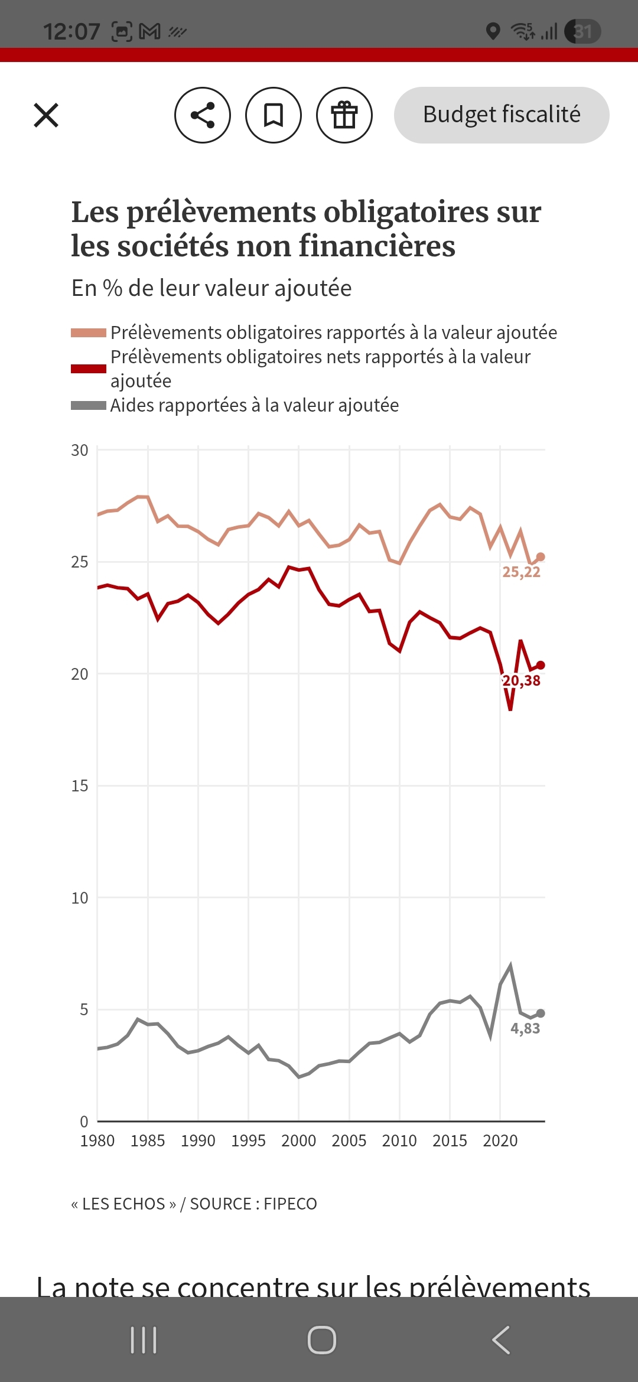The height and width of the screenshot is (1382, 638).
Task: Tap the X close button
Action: coord(46,115)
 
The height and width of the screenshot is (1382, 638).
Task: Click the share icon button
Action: coord(203,115)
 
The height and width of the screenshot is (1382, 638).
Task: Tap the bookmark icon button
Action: coord(274,115)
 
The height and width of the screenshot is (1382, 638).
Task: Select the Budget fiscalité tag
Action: coord(502,115)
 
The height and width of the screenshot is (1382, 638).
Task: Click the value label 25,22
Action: coord(521,572)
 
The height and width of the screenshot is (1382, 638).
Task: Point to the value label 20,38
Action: coord(521,680)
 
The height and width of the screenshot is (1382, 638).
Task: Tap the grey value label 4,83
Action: coord(525,1028)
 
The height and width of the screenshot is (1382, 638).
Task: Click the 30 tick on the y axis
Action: coord(80,451)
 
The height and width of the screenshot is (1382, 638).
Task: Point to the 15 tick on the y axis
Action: coord(80,786)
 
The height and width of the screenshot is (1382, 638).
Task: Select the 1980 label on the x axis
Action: coord(97,1140)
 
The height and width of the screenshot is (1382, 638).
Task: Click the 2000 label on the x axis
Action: coord(299,1140)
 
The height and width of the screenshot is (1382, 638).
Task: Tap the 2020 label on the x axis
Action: coord(500,1140)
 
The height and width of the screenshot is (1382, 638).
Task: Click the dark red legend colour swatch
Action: coord(89,369)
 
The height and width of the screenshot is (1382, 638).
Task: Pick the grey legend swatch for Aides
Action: coord(89,405)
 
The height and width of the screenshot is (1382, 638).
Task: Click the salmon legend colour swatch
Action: coord(89,333)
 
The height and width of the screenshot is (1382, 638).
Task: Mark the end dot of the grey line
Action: coord(541,1013)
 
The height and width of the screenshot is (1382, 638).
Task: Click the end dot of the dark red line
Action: coord(541,666)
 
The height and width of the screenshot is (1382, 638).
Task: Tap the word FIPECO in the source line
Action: coord(290,1204)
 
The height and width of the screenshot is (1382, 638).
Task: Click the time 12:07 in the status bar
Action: coord(71,31)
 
